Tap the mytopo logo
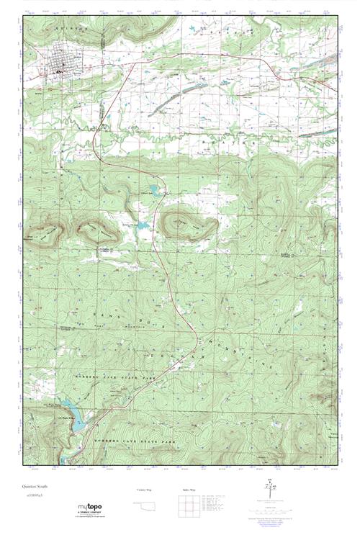tap(90, 508)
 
